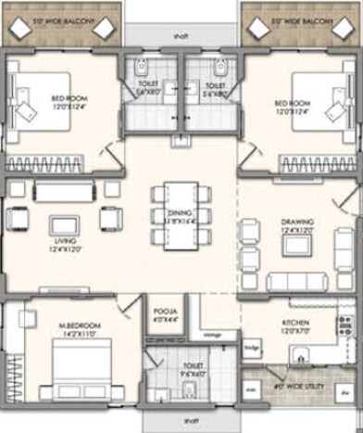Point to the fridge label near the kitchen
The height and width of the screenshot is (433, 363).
click(250, 348)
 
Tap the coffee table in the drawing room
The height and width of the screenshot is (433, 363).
click(296, 244)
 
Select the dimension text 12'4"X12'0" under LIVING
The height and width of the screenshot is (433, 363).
click(63, 247)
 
